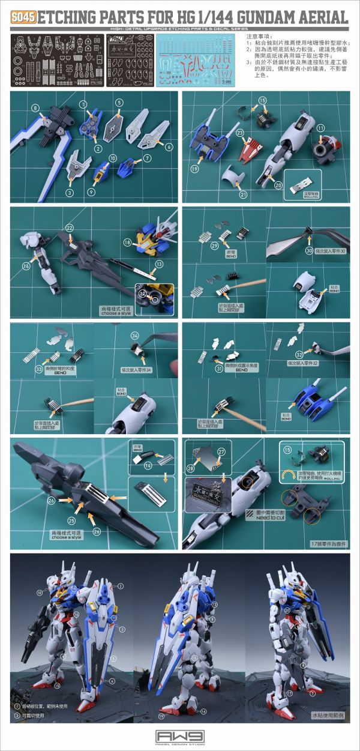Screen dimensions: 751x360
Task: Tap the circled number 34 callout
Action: [134, 335]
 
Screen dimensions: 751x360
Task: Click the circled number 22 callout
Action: [70, 228]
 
